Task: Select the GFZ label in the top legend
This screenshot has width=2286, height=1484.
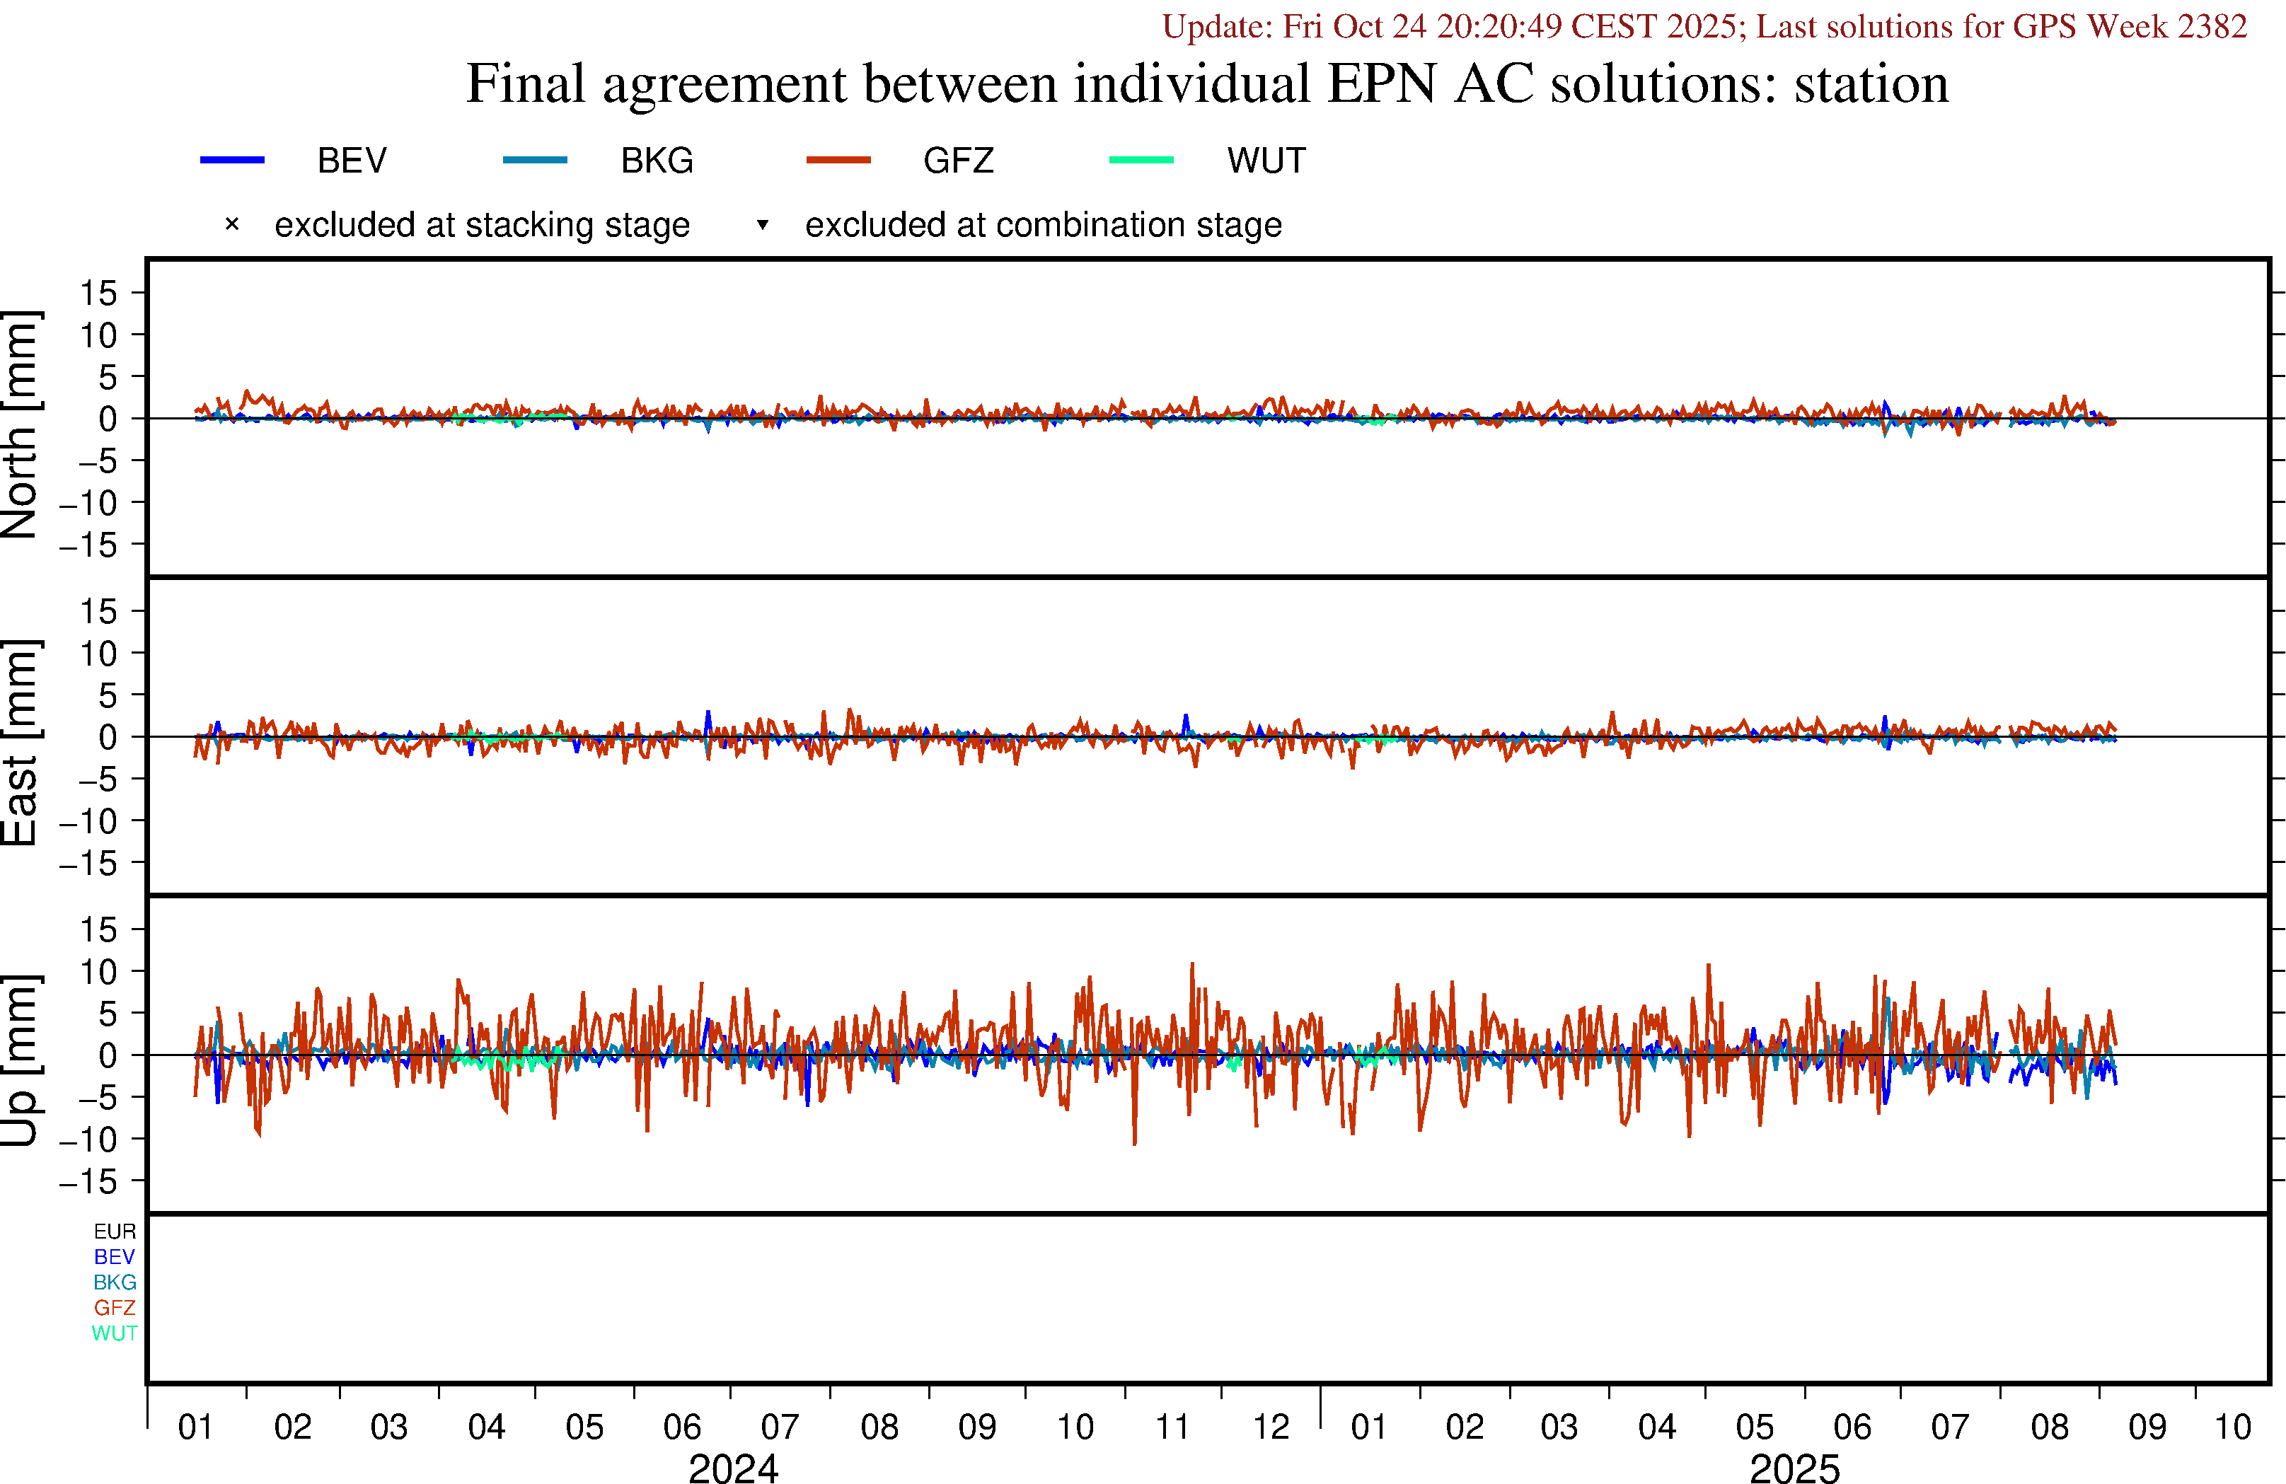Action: click(x=957, y=161)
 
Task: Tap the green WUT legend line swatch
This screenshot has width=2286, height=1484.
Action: click(x=1141, y=159)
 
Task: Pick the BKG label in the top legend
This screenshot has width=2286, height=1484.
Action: click(x=657, y=161)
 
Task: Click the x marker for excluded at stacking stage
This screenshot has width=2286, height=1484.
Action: click(x=231, y=225)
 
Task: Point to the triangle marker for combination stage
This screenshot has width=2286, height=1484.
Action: click(x=763, y=225)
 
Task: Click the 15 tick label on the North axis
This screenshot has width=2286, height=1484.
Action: click(x=98, y=293)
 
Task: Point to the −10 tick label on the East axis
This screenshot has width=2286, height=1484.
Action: click(x=88, y=821)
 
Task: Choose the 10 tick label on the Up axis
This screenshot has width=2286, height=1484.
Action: click(x=98, y=972)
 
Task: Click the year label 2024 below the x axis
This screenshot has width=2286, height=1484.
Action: click(x=733, y=1468)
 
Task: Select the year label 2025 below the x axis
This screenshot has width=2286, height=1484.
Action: click(x=1794, y=1468)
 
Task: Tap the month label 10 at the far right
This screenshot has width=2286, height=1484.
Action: click(x=2232, y=1427)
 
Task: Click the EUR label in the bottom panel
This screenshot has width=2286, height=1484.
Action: click(x=115, y=1231)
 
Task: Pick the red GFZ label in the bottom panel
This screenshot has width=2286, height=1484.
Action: click(x=115, y=1307)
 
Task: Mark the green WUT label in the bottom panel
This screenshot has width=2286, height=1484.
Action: click(x=115, y=1333)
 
